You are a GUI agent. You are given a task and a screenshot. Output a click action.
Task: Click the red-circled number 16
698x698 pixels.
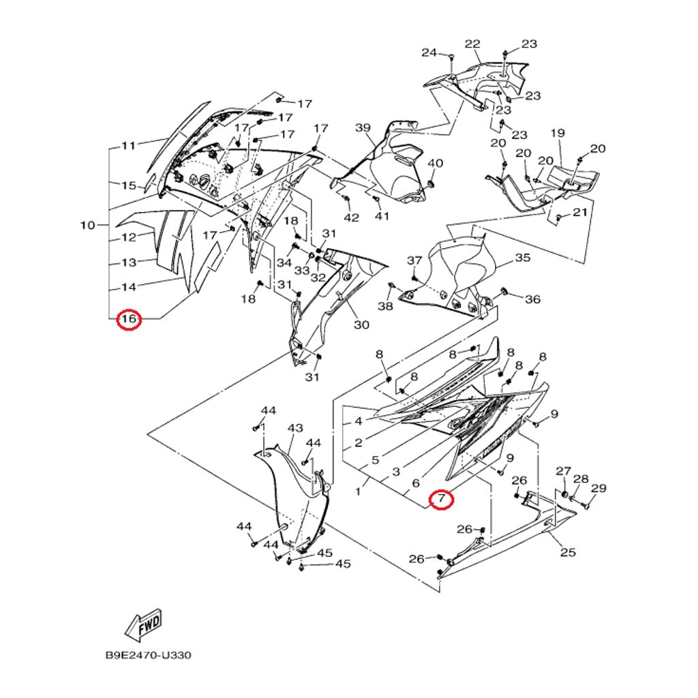pos(129,319)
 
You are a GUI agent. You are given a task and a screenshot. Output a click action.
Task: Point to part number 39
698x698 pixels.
pos(363,128)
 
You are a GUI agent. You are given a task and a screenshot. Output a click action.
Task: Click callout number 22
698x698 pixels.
pos(472,44)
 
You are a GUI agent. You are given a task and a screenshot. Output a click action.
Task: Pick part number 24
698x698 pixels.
pos(429,52)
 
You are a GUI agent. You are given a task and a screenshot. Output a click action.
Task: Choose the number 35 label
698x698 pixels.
pos(522,258)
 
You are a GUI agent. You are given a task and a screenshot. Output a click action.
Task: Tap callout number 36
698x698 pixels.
pos(532,299)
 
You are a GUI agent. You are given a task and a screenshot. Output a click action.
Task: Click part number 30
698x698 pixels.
pos(361,324)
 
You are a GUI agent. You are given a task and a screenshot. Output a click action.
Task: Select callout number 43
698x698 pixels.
pos(294,428)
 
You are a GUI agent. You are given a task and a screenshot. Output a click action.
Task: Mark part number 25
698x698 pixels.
pos(568,552)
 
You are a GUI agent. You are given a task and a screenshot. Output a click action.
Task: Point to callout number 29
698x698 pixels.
pos(598,488)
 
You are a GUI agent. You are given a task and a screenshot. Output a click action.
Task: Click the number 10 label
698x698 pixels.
pos(88,226)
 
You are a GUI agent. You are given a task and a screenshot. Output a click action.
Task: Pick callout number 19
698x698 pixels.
pos(558,133)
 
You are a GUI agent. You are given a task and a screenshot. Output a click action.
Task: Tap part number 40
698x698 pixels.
pos(435,164)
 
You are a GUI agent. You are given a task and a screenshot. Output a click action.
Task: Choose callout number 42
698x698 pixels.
pos(351,217)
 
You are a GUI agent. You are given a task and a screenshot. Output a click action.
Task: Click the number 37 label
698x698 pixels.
pos(414,261)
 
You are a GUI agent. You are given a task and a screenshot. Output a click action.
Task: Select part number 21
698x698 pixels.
pos(579,213)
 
